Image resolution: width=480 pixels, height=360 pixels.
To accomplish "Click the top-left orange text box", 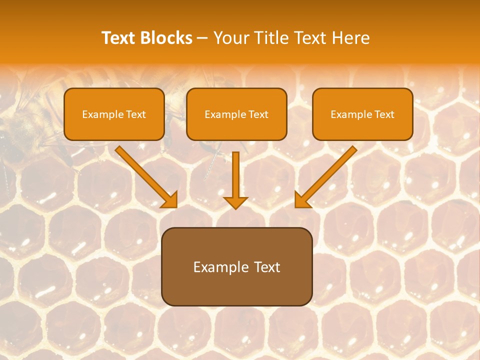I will [x=114, y=114].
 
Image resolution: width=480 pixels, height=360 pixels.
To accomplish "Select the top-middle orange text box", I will [x=236, y=114].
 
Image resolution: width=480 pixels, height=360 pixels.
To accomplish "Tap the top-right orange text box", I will [x=362, y=114].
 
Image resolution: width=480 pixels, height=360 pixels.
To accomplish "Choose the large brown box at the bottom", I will [x=236, y=266].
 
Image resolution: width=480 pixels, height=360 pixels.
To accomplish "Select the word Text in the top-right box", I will [x=384, y=114].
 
